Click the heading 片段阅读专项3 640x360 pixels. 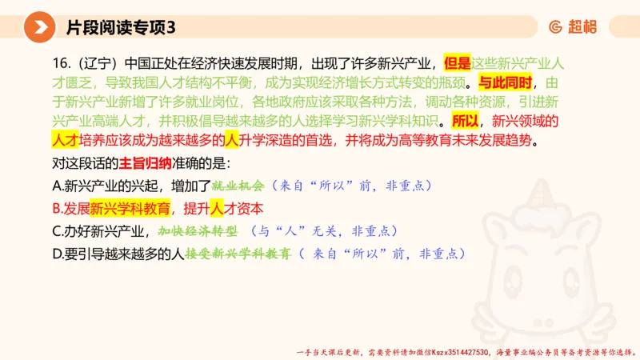[120, 27]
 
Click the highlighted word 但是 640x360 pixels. [457, 62]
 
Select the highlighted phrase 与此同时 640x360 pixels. [505, 82]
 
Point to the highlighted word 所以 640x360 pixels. [465, 122]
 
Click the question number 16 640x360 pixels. [58, 62]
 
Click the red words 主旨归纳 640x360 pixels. [145, 165]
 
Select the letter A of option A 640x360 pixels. [56, 186]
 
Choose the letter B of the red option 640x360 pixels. [56, 209]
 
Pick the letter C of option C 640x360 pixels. [56, 231]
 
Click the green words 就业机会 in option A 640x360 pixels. [238, 186]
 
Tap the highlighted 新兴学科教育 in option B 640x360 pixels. [130, 209]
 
